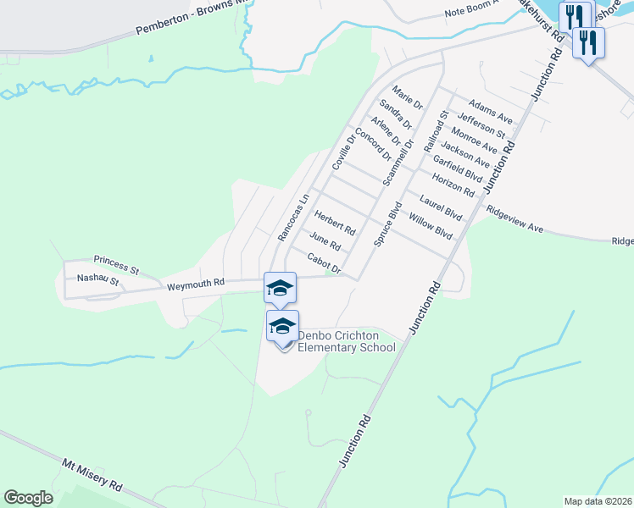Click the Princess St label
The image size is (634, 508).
pyautogui.click(x=116, y=264)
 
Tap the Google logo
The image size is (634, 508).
pyautogui.click(x=28, y=498)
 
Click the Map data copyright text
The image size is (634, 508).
pyautogui.click(x=598, y=501)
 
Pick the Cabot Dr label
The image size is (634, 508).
pyautogui.click(x=324, y=265)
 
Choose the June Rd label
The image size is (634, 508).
pyautogui.click(x=325, y=242)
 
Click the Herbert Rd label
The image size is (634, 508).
pyautogui.click(x=335, y=223)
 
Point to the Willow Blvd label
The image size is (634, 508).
pyautogui.click(x=431, y=226)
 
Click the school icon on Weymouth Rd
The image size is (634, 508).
pyautogui.click(x=280, y=288)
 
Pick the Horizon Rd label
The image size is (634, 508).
pyautogui.click(x=453, y=184)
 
